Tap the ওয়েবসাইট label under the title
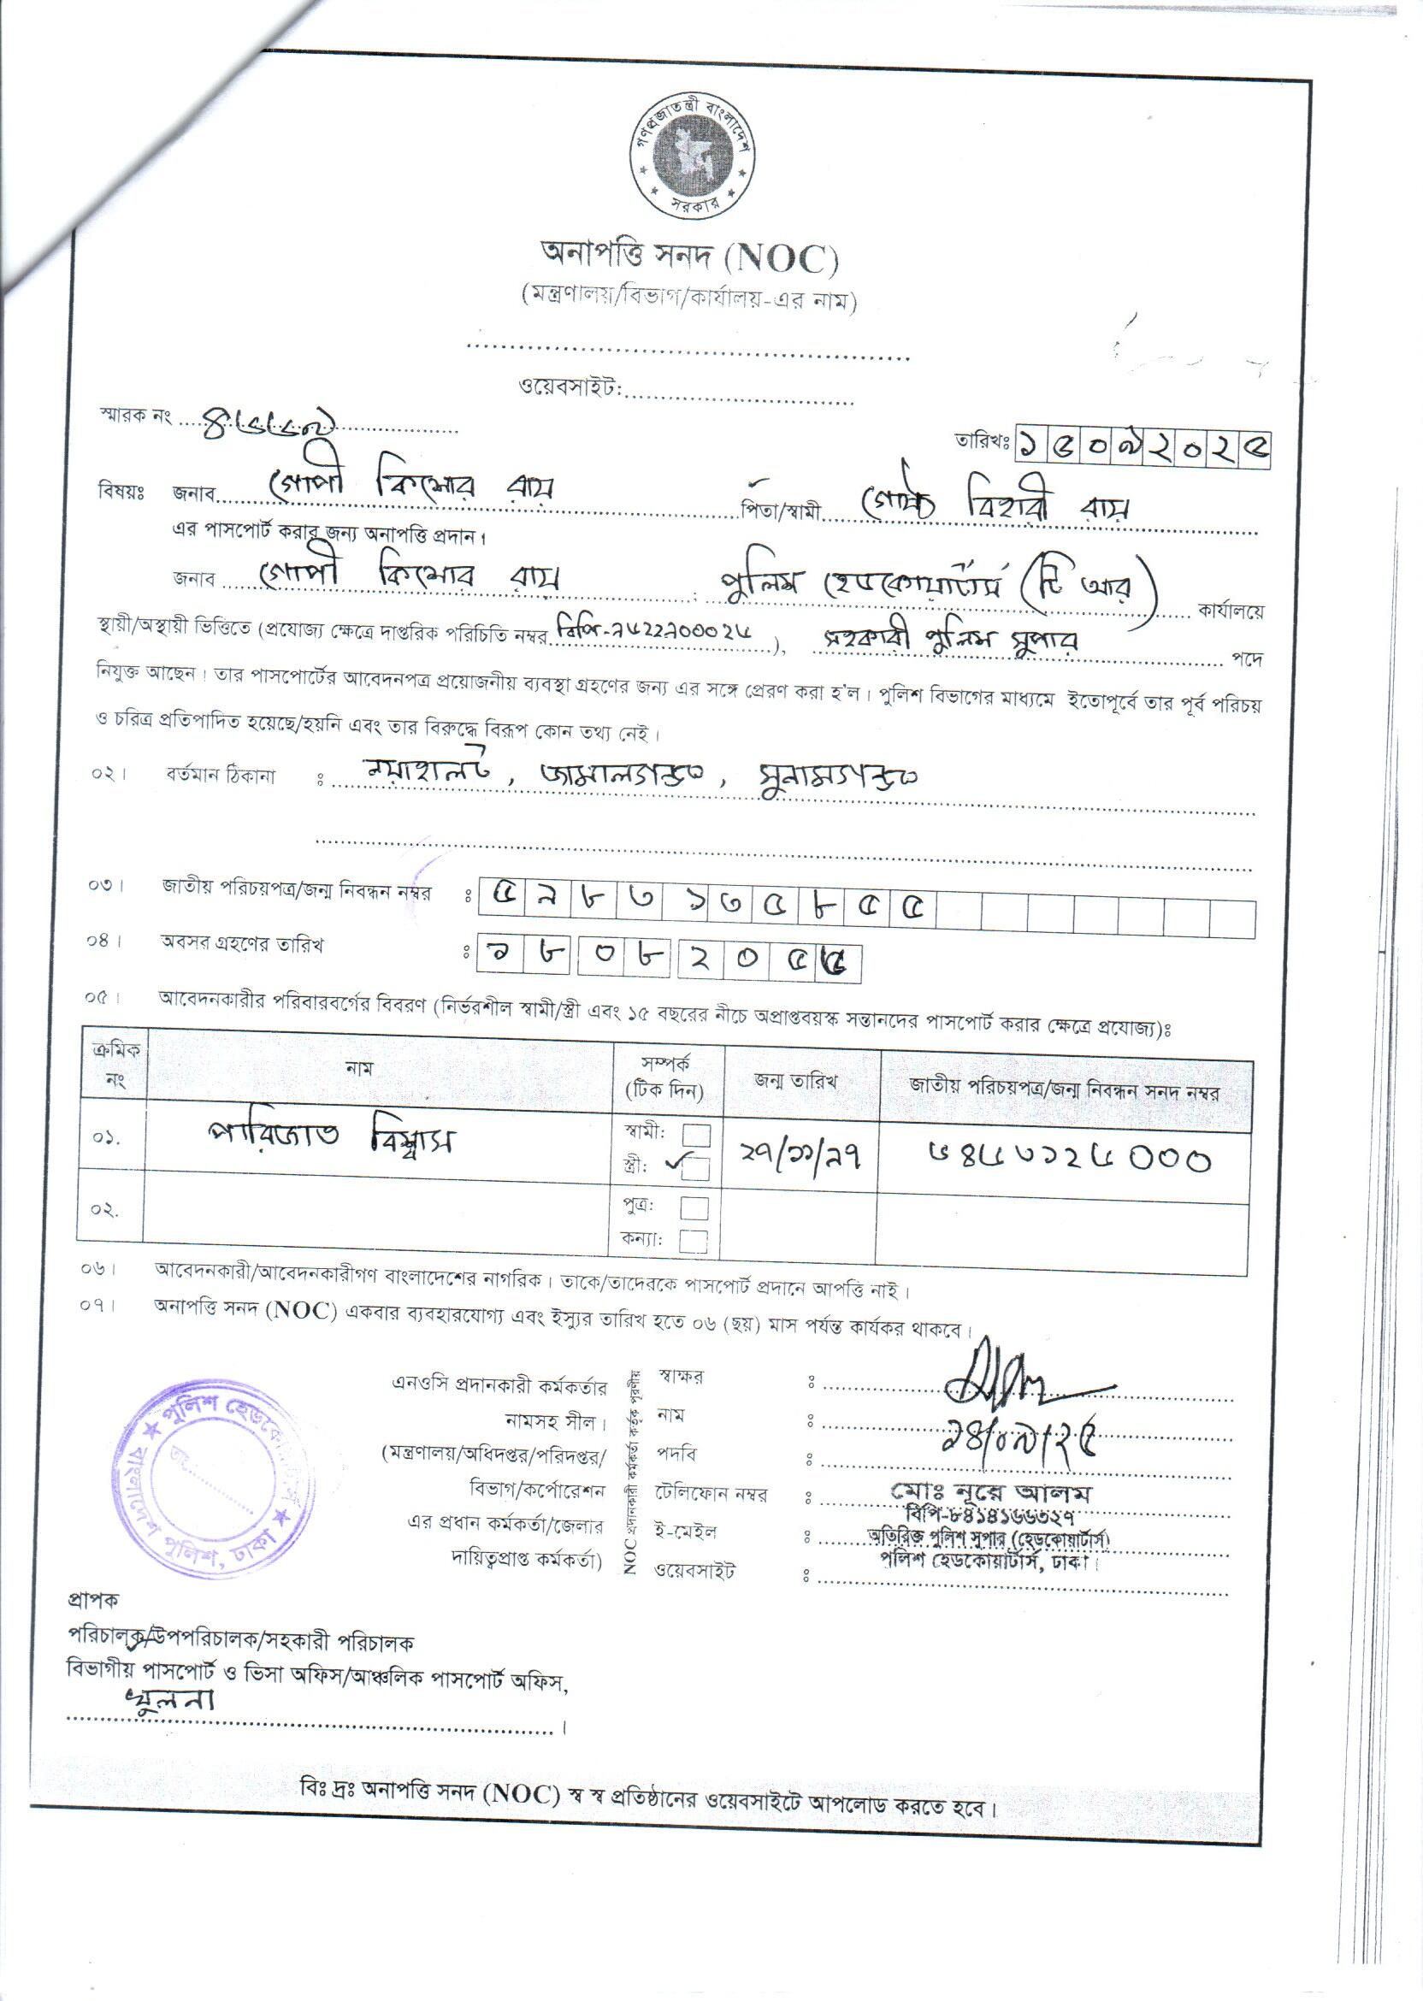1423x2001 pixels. pyautogui.click(x=570, y=387)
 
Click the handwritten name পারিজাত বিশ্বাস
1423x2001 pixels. pyautogui.click(x=330, y=1140)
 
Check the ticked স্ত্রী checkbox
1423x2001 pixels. pyautogui.click(x=695, y=1170)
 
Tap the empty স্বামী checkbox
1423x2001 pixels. pyautogui.click(x=696, y=1135)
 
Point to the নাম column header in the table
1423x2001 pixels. pyautogui.click(x=359, y=1070)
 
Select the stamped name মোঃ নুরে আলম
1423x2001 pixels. pyautogui.click(x=991, y=1490)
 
